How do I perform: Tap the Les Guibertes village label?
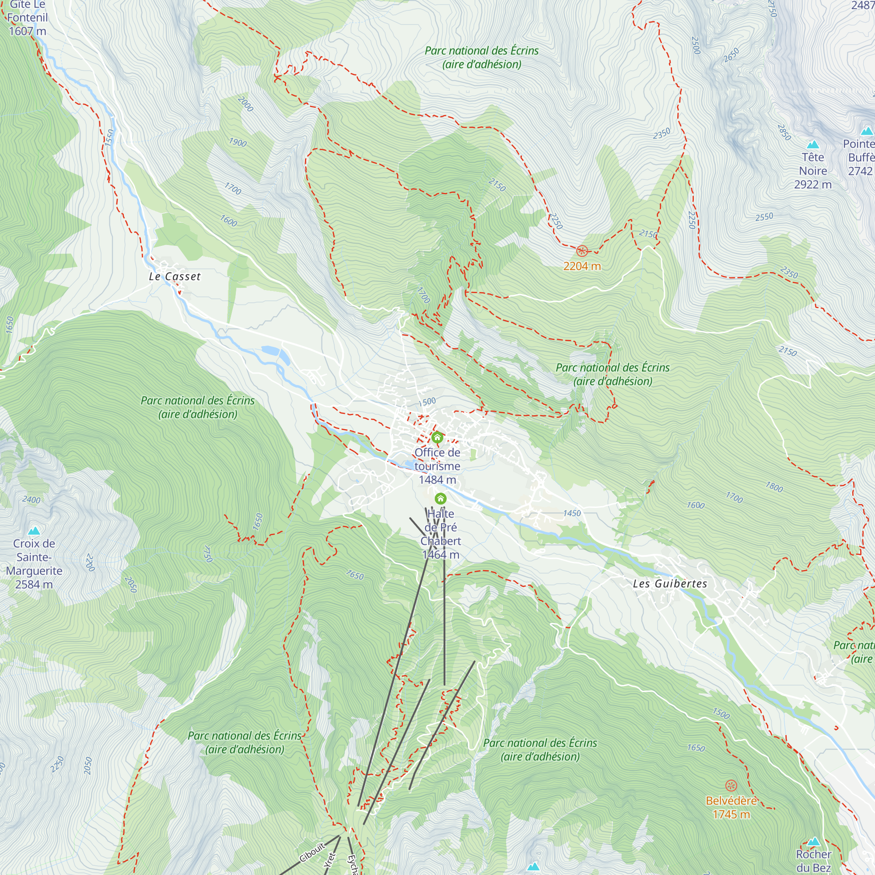click(670, 584)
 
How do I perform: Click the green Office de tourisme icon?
click(437, 437)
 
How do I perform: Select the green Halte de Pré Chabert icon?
click(441, 499)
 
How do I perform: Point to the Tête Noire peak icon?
click(813, 145)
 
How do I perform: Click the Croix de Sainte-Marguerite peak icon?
click(34, 531)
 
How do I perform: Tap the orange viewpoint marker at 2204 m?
click(582, 251)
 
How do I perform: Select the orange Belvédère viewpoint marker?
click(731, 785)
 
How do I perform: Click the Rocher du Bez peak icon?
click(813, 842)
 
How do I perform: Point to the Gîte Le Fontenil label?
click(27, 17)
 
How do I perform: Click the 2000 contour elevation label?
click(245, 104)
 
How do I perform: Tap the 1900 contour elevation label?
click(237, 143)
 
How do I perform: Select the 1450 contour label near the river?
click(571, 513)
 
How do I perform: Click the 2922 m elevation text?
click(812, 185)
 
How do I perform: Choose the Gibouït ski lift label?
click(312, 852)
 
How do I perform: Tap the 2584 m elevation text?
click(34, 584)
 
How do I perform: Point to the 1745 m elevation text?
click(731, 814)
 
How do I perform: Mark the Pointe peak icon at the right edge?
click(866, 131)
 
